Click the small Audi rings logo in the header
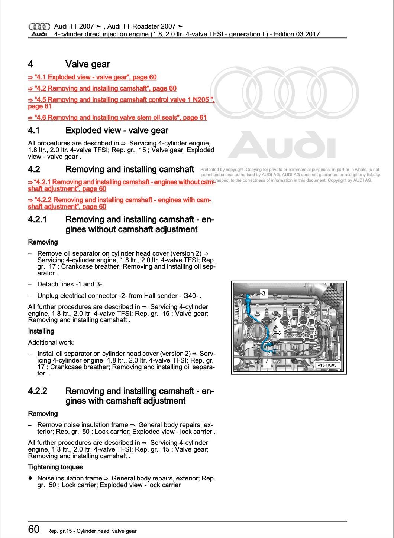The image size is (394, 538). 39,27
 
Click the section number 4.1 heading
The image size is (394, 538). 34,131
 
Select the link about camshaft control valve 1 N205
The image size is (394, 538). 121,100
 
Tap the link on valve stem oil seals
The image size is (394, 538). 117,118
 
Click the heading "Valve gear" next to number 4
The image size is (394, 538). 87,64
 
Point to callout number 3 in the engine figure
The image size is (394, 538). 264,293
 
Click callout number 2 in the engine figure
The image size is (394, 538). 280,333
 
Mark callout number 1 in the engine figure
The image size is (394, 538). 266,364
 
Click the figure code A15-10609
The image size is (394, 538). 327,365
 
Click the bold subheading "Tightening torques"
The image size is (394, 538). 55,467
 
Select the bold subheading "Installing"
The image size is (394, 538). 41,331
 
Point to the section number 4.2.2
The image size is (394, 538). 38,391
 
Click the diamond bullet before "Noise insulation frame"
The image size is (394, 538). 30,478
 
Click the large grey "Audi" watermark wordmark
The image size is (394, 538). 281,145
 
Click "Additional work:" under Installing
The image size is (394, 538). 51,342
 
